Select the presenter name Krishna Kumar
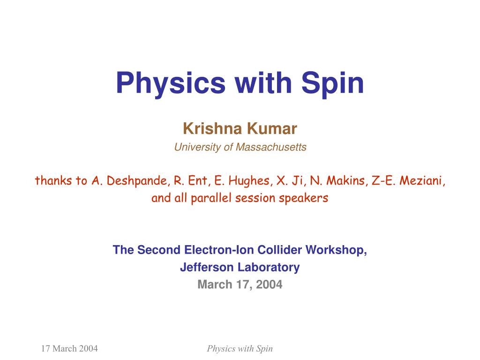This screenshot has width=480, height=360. [240, 128]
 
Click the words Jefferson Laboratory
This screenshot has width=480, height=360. [240, 267]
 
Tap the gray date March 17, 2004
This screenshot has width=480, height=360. [240, 284]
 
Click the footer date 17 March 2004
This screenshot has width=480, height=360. [69, 348]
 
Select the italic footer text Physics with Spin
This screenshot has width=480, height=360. [240, 348]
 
